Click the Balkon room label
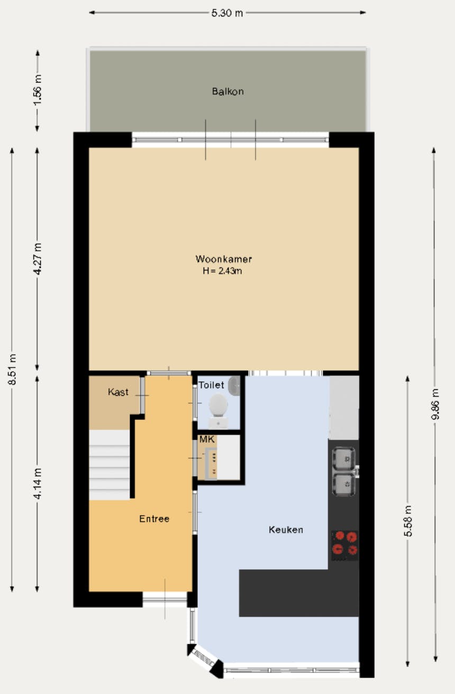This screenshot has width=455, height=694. [228, 92]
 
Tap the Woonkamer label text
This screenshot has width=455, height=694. [223, 259]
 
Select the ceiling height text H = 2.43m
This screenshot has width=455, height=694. [223, 271]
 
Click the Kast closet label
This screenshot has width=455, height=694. [118, 392]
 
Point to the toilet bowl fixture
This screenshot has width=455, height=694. [218, 407]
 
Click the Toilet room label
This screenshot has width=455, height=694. [211, 385]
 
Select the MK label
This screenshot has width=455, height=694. [206, 440]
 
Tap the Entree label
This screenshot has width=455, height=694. [154, 519]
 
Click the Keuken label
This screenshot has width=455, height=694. [286, 529]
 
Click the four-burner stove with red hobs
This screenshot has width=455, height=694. [344, 544]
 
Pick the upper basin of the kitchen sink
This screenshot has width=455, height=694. [344, 458]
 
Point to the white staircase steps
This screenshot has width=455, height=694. [109, 465]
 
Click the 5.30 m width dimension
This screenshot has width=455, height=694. [227, 13]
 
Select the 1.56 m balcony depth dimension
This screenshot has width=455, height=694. [37, 90]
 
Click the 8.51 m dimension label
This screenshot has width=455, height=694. [12, 369]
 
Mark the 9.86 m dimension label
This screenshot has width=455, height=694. [435, 405]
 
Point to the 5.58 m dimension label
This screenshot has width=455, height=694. [408, 521]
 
